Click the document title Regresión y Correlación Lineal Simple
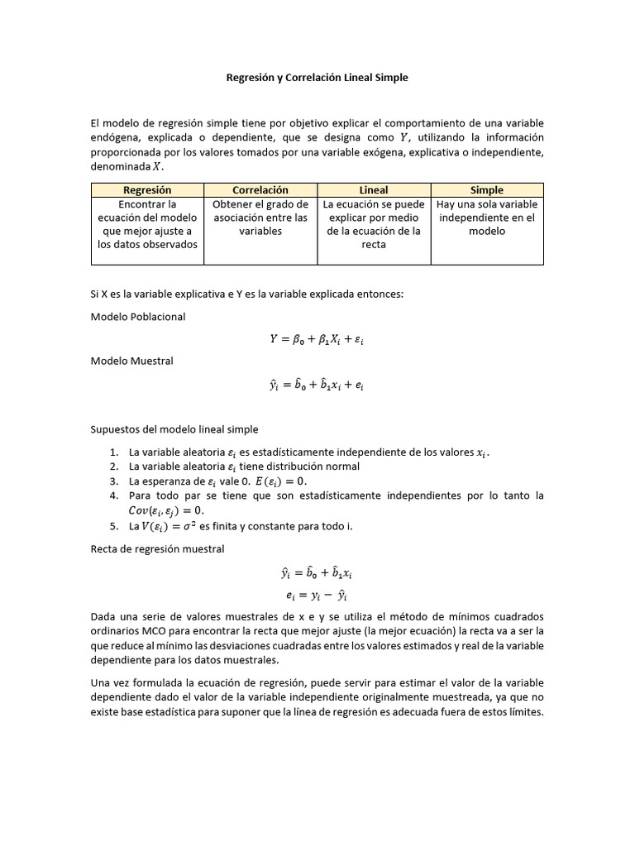317,78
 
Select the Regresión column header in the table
147,190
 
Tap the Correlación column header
260,190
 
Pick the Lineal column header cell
374,190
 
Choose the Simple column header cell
487,190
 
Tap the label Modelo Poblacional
138,317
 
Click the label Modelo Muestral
132,361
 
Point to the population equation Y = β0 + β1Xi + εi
317,339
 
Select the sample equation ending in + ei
317,385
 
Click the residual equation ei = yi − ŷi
317,595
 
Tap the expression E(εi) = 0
276,481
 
